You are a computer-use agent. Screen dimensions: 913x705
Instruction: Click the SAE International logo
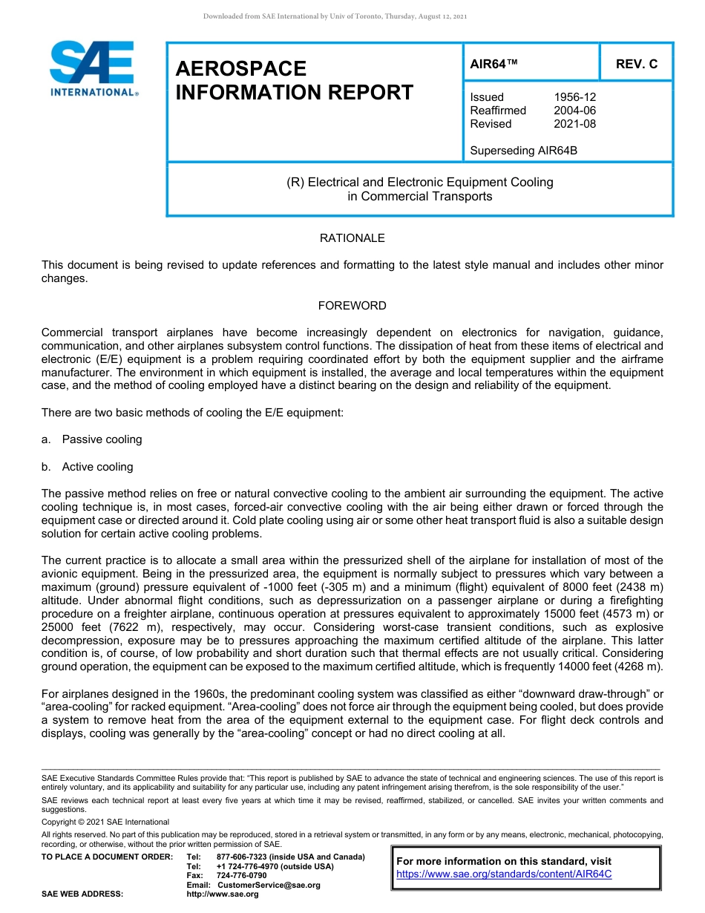point(93,69)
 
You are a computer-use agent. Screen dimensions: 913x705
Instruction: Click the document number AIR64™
point(493,65)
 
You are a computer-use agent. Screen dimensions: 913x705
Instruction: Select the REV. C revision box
point(636,65)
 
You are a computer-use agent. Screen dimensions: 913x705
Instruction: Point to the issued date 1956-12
point(574,97)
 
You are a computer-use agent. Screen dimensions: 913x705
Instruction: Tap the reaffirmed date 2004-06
point(574,111)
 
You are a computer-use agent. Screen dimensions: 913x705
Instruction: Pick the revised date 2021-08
point(574,124)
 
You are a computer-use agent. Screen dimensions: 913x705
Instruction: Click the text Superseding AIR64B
point(523,151)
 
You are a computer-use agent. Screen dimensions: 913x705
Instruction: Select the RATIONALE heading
point(352,238)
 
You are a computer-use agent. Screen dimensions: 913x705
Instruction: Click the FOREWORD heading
point(352,306)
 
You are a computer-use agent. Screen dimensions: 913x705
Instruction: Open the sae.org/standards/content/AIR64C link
point(504,874)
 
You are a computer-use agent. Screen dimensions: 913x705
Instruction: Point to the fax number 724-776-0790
point(241,875)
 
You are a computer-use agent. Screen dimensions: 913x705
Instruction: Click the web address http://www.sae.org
point(222,894)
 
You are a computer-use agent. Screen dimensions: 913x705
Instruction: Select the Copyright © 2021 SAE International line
point(105,822)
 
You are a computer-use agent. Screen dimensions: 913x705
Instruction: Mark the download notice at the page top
point(335,16)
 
